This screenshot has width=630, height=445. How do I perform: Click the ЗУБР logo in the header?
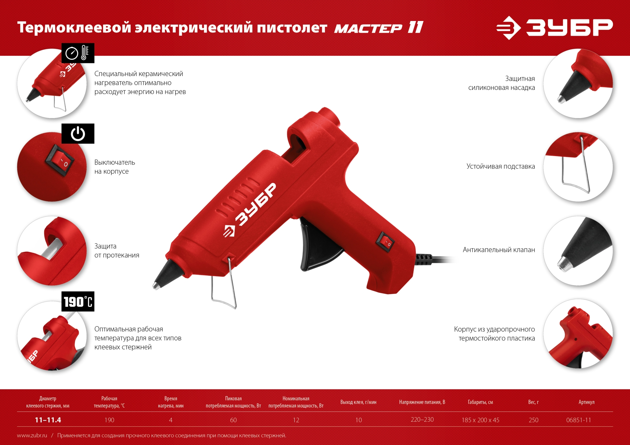[x=554, y=28]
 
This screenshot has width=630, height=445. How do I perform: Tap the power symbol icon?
[x=78, y=134]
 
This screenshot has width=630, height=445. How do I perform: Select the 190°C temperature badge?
[x=78, y=302]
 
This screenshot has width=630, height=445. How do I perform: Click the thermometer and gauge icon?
[x=78, y=53]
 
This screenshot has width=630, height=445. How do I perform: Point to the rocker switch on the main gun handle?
[x=385, y=242]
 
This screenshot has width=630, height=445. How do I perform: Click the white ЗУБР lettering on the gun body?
[x=251, y=210]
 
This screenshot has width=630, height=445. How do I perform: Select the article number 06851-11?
[x=578, y=420]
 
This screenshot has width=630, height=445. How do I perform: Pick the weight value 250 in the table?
[x=534, y=420]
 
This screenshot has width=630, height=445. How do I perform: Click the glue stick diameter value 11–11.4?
[x=48, y=420]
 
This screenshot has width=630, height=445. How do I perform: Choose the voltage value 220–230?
[x=422, y=420]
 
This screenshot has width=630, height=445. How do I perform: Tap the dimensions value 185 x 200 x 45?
[x=480, y=420]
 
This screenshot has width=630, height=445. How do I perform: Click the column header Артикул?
[x=586, y=402]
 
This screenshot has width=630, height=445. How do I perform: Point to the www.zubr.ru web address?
[x=32, y=435]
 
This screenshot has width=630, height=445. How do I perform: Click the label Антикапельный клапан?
[x=499, y=250]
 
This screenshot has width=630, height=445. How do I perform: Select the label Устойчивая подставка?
[x=501, y=167]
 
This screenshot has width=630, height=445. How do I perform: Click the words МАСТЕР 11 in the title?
[x=379, y=28]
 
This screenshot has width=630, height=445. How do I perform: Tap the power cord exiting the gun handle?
[x=436, y=259]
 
